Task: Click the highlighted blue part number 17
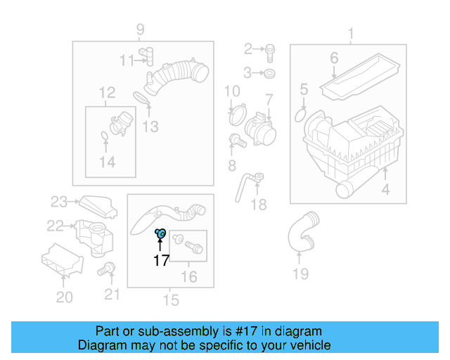(x=160, y=233)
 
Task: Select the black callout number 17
(x=161, y=261)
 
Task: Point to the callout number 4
(x=385, y=190)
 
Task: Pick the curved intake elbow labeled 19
(x=300, y=233)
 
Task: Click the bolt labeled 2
(x=271, y=50)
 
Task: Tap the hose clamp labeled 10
(x=237, y=112)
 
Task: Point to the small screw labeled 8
(x=238, y=141)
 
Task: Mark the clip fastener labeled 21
(x=108, y=268)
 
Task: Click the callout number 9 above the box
(x=140, y=29)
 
